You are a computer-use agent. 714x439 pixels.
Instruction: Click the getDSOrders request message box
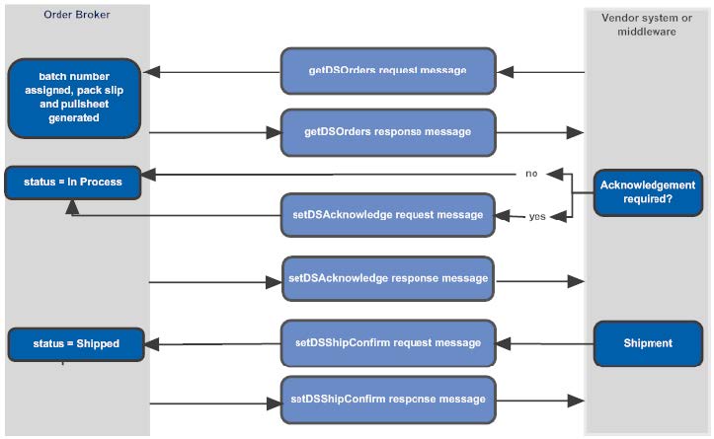(x=387, y=72)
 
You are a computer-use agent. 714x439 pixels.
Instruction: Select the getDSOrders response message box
(x=387, y=131)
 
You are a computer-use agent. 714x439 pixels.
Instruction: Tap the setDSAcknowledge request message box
(x=387, y=214)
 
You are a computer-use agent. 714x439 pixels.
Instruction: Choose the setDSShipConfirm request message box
(x=387, y=343)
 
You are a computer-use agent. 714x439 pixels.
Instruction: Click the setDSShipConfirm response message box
(x=387, y=400)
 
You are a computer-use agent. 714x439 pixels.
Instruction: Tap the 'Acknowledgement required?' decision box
(x=648, y=191)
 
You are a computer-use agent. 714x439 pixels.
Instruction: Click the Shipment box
(x=648, y=343)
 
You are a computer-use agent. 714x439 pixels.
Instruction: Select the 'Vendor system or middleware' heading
(x=646, y=24)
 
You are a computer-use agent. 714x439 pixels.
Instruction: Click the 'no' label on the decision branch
(x=530, y=174)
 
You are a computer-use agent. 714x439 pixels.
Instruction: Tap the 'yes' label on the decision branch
(x=537, y=215)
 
